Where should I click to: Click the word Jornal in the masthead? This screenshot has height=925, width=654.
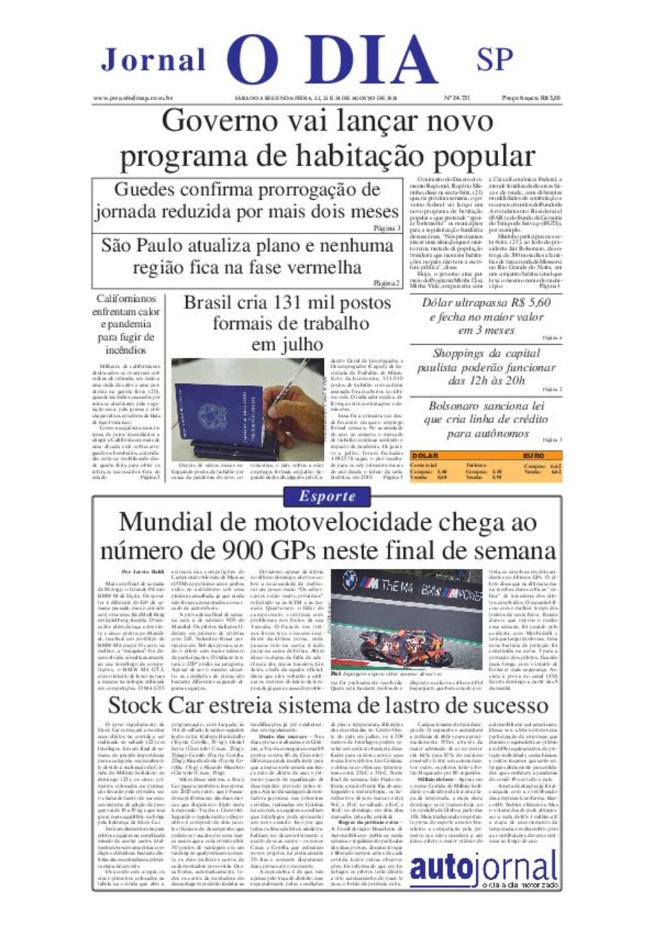point(153,60)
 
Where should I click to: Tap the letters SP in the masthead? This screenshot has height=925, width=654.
point(494,59)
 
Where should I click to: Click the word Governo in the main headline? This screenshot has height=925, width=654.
point(208,121)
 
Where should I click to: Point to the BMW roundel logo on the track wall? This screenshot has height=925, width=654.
point(349,580)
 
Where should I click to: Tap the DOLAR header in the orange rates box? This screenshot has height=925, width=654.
point(425,456)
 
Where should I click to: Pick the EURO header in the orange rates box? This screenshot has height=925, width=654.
point(533,456)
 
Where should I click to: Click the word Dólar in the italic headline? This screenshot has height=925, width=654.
point(440,303)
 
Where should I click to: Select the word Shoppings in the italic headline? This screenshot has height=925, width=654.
point(459,354)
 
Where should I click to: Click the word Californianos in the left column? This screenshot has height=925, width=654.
point(126,299)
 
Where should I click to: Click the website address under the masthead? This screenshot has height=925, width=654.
point(133,98)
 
